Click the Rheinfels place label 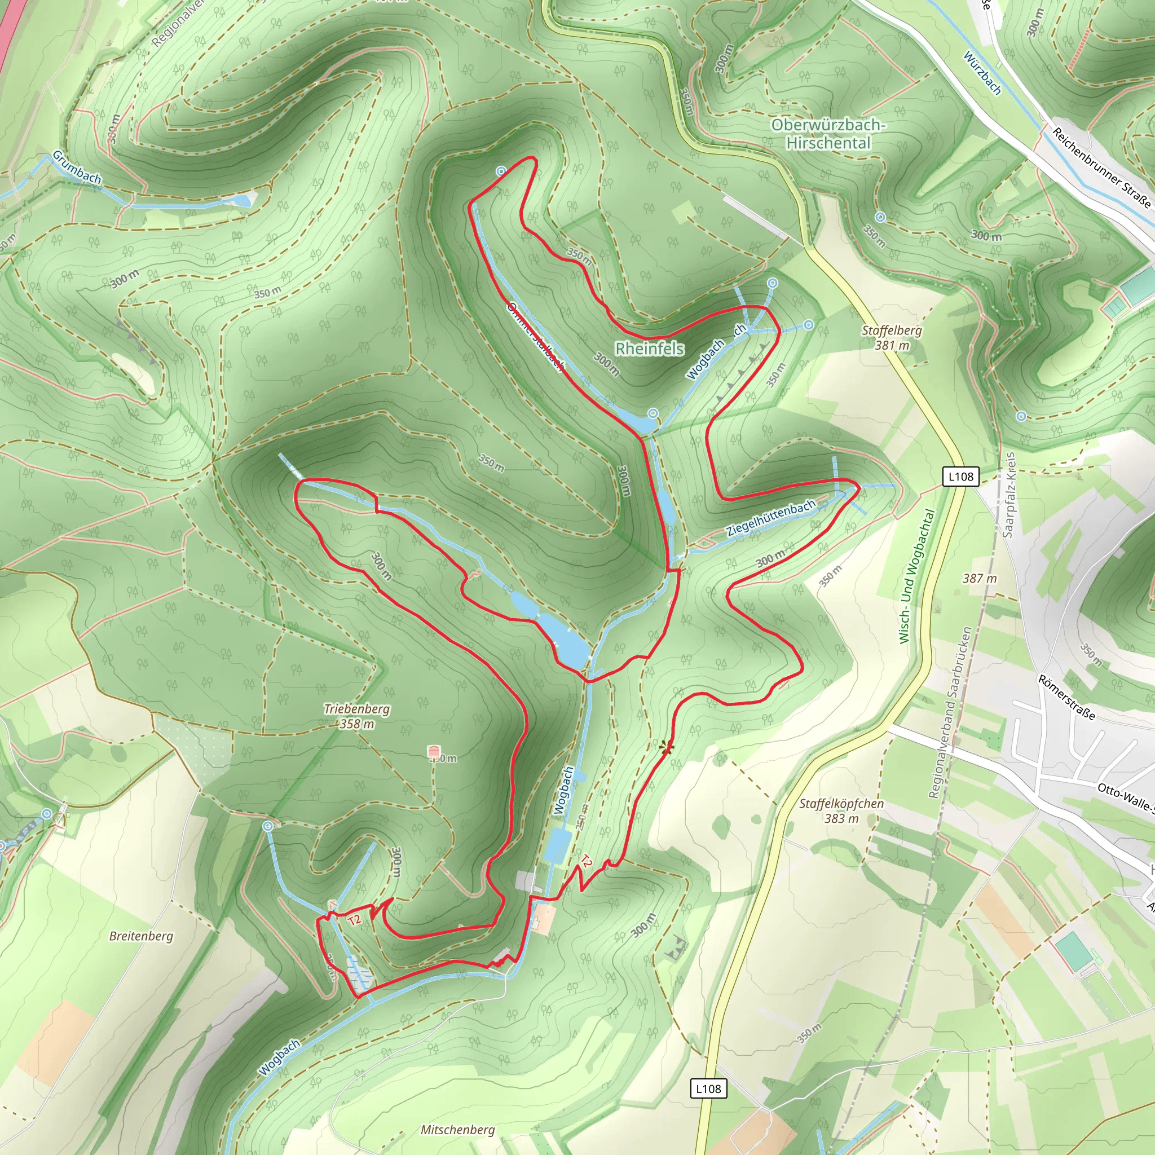click(649, 349)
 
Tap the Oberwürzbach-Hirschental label click(828, 134)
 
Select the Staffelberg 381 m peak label click(892, 338)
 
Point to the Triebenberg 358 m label click(357, 716)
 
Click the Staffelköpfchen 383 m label click(841, 810)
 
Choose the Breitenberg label click(141, 936)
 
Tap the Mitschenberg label click(457, 1130)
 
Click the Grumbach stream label click(77, 167)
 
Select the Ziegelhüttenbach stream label click(770, 518)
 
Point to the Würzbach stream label click(982, 73)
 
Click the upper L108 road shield click(960, 477)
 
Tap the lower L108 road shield click(708, 1088)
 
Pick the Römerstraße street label click(1067, 698)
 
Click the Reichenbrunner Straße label click(1101, 167)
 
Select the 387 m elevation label click(980, 579)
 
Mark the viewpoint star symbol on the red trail click(666, 747)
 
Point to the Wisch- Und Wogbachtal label click(916, 576)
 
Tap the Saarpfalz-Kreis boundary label click(1009, 495)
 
